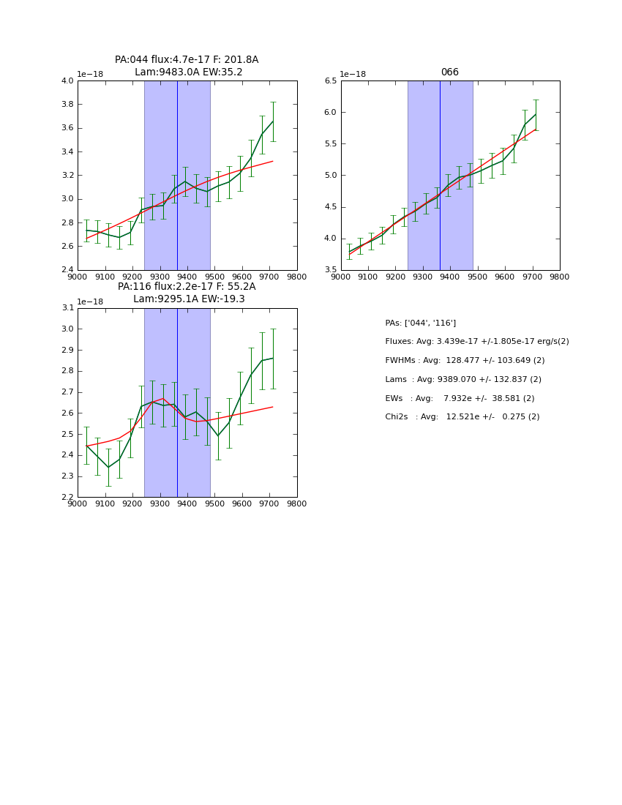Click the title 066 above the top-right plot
coord(449,72)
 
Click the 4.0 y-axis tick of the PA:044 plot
coord(67,81)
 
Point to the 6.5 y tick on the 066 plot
coord(331,81)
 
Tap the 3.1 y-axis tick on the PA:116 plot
coord(67,308)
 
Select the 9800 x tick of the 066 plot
coord(560,277)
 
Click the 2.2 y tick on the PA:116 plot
coord(67,497)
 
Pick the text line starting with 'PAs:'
coord(420,323)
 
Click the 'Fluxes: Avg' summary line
coord(476,342)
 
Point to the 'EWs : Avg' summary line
coord(460,399)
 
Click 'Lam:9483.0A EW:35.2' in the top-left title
coord(188,72)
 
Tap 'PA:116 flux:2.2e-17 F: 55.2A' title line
coord(187,287)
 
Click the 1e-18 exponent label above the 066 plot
coord(353,75)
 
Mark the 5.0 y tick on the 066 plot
coord(331,176)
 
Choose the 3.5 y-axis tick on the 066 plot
coord(331,270)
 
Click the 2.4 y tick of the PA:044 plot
coord(67,270)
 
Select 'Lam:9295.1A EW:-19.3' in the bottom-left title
coord(189,299)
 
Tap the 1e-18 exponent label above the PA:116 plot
coord(90,302)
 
